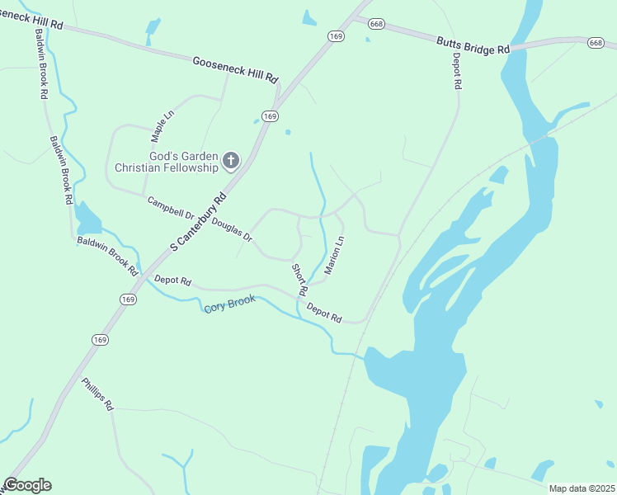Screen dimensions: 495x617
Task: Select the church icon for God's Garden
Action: [x=231, y=160]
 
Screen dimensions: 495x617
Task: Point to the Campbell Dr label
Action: [x=170, y=207]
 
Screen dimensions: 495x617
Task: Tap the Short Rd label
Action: [x=299, y=280]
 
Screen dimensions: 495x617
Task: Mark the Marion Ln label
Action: [x=333, y=255]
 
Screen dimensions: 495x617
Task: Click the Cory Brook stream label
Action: [x=230, y=304]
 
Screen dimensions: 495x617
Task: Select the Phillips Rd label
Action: [x=97, y=394]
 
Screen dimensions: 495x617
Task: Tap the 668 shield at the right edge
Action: [x=596, y=42]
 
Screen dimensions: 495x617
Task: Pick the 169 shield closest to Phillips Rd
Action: [x=100, y=339]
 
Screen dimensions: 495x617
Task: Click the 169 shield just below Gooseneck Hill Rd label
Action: [x=269, y=116]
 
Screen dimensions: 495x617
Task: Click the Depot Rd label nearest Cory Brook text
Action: [x=324, y=312]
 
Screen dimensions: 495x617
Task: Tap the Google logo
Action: [x=27, y=485]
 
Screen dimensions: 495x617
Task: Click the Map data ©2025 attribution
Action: [x=582, y=488]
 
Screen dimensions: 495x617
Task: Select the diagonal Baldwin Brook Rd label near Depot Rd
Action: [x=107, y=253]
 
